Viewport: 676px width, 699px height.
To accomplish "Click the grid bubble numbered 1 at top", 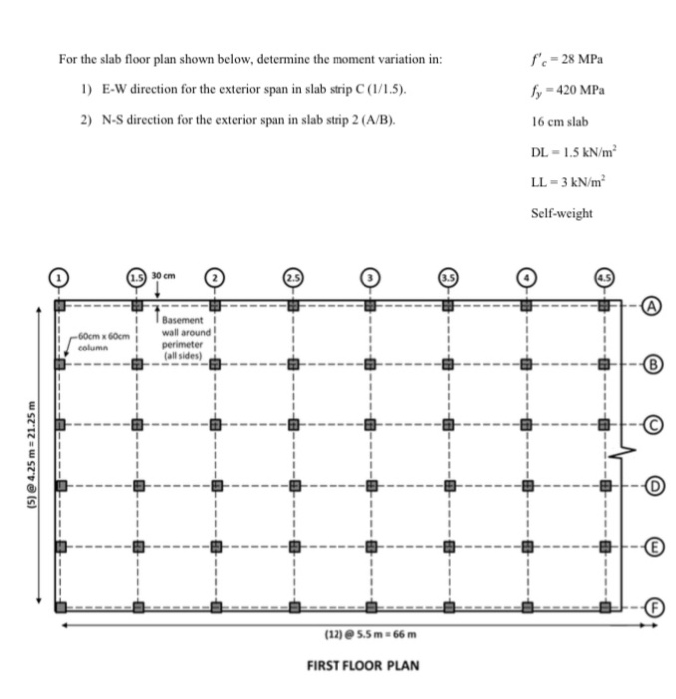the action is pos(60,275).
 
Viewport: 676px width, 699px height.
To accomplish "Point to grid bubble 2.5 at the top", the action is pos(293,275).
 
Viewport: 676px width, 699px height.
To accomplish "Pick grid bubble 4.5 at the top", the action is pos(603,275).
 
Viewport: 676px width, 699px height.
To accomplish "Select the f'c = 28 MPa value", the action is pos(568,58).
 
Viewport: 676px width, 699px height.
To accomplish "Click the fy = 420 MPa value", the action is pos(568,89).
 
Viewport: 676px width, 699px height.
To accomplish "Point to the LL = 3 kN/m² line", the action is pos(572,184).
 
